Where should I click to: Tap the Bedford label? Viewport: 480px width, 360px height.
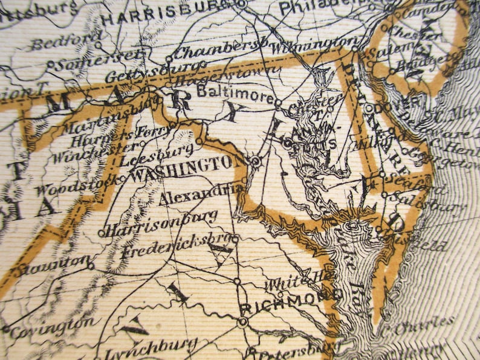point(66,42)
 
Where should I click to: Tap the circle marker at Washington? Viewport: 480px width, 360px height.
point(256,161)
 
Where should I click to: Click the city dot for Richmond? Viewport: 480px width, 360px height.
point(242,322)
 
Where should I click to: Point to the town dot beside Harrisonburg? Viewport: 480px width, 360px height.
point(101,233)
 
